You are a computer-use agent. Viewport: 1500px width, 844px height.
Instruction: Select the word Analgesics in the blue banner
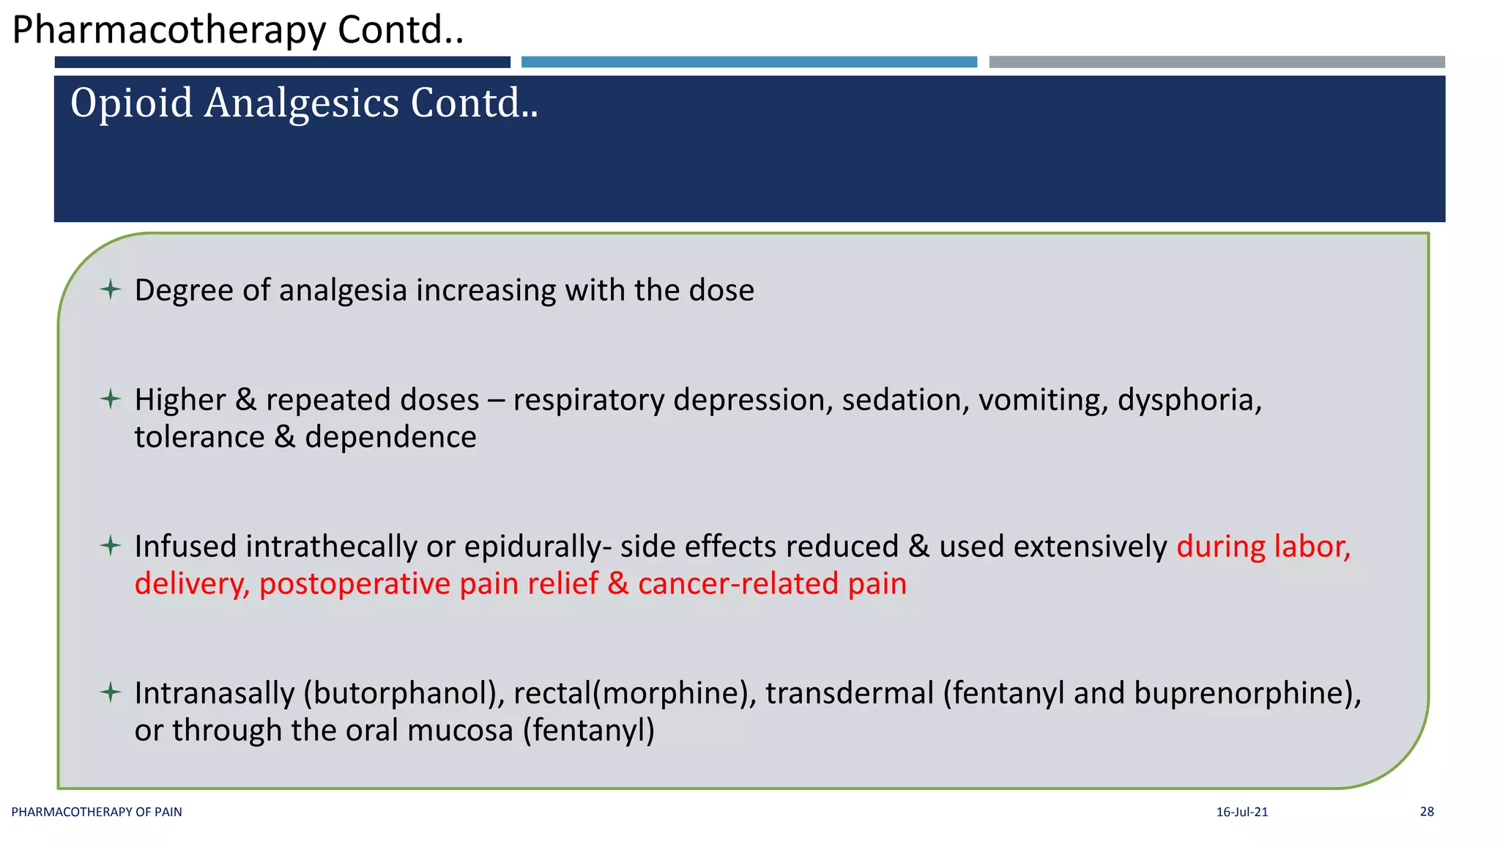[x=300, y=103]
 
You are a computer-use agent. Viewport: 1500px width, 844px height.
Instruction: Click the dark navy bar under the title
[x=282, y=62]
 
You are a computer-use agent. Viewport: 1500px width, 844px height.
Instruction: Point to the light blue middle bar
[x=749, y=62]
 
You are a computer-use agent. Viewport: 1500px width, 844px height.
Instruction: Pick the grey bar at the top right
[x=1217, y=62]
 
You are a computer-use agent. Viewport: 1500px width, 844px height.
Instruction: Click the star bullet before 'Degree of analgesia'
[x=111, y=289]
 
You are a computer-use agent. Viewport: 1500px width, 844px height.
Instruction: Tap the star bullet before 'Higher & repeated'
[x=111, y=399]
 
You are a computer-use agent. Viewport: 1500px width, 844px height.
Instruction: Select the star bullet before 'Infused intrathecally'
[x=111, y=546]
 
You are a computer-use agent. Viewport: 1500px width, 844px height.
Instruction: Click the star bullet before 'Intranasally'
[x=111, y=692]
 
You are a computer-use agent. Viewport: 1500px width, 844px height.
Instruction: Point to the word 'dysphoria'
[x=1189, y=400]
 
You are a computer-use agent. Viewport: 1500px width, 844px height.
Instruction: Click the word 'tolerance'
[x=199, y=437]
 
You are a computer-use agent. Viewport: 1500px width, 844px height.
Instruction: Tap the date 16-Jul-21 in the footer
[x=1241, y=812]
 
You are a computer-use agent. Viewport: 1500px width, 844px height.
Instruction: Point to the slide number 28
[x=1427, y=812]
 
